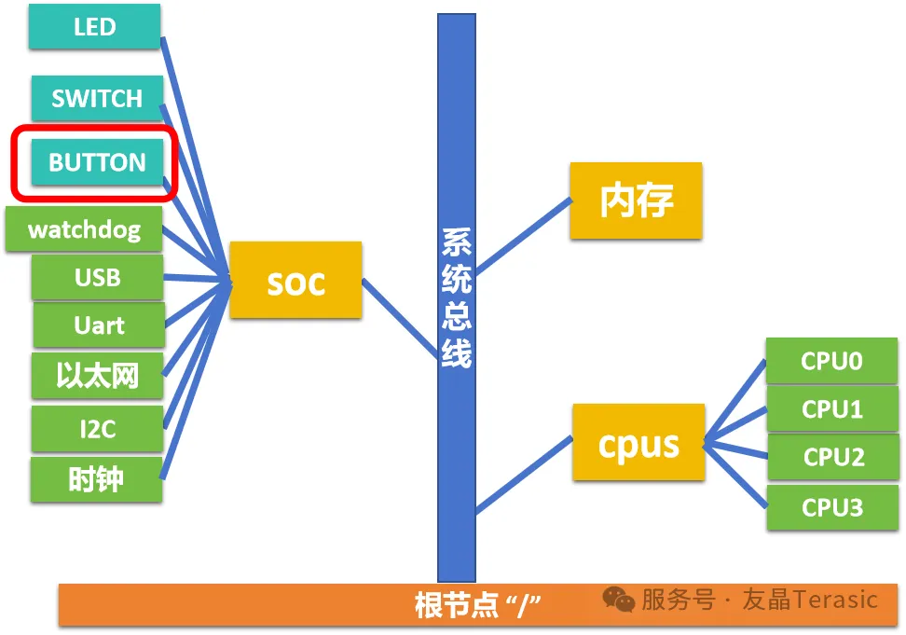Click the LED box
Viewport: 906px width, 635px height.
(95, 27)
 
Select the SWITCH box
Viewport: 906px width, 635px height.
(97, 98)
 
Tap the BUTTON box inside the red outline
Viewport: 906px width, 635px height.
(97, 162)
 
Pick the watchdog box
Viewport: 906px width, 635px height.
(84, 229)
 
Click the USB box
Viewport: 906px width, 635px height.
(98, 277)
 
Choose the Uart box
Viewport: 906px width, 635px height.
(100, 325)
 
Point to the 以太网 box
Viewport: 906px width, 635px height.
(98, 376)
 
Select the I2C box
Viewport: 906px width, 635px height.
(98, 429)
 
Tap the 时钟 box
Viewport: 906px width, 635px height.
(97, 479)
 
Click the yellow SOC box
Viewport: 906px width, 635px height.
(295, 281)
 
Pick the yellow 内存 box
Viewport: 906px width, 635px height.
(637, 200)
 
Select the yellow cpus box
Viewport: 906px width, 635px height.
(638, 442)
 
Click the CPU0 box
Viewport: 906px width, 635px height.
(832, 361)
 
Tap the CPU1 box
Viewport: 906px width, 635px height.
(832, 409)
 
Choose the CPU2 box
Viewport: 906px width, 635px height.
(834, 457)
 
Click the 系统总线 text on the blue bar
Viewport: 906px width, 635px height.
(457, 298)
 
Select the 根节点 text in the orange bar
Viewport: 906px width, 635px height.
(457, 605)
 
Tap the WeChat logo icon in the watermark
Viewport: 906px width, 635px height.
(619, 600)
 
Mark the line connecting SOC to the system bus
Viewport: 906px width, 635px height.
(400, 319)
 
